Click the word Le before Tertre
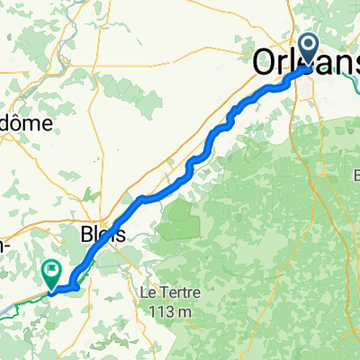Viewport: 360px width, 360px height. coord(148,293)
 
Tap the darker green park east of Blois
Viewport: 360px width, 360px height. coord(179,221)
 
